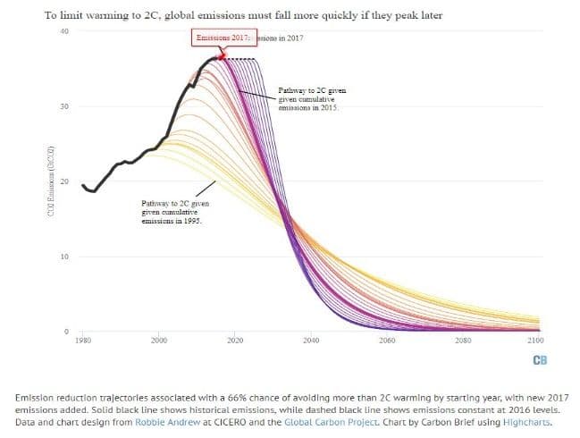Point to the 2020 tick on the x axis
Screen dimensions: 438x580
tap(235, 341)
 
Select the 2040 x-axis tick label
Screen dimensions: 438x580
tap(311, 341)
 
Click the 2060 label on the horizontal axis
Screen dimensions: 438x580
tap(387, 341)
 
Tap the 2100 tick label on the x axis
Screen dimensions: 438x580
tap(536, 341)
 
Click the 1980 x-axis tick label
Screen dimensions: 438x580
tap(82, 341)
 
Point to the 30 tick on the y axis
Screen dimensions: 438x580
tap(63, 107)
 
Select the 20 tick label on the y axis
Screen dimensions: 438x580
tap(63, 182)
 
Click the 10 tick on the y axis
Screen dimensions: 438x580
tap(63, 257)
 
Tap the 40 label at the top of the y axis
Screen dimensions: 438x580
tap(63, 32)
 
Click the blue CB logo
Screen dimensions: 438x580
tap(539, 361)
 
